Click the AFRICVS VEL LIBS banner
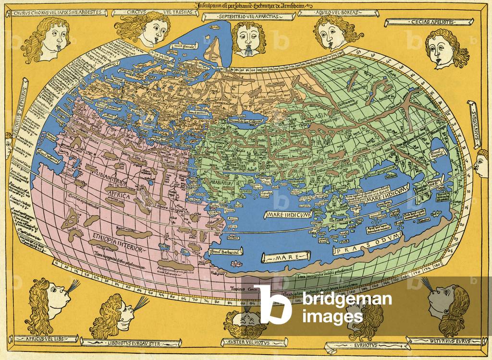coord(41,339)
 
